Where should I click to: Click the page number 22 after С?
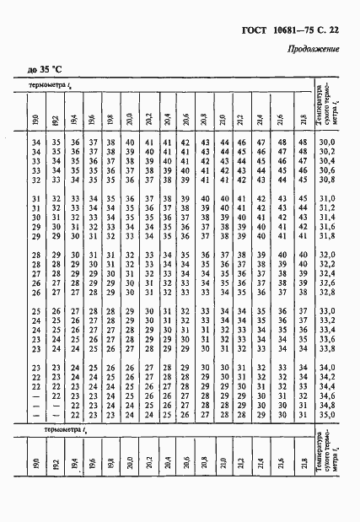click(x=333, y=31)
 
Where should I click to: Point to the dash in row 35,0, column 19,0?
click(x=35, y=414)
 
